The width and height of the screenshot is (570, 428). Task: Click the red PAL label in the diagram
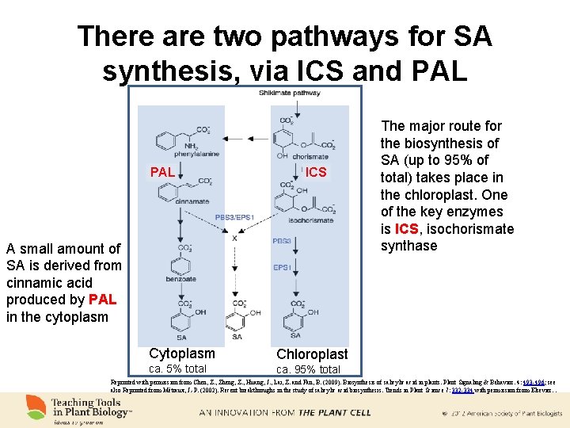click(162, 172)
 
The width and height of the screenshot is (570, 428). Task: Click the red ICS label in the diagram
click(316, 172)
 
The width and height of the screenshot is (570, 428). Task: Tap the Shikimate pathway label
click(289, 93)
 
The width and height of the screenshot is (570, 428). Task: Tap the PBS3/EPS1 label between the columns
click(234, 217)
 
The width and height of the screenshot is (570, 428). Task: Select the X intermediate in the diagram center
click(234, 238)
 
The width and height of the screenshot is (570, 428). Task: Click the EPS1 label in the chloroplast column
click(282, 268)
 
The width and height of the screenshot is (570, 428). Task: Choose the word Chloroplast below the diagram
click(312, 353)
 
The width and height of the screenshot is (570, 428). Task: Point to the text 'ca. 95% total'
click(308, 369)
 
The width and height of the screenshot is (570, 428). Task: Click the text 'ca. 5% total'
click(178, 369)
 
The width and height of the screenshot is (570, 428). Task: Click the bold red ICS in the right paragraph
click(408, 229)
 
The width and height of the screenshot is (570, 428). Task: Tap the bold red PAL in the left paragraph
click(103, 300)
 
